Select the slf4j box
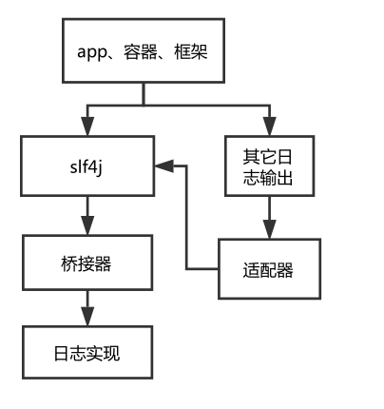(87, 166)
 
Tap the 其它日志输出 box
(271, 166)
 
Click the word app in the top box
(92, 50)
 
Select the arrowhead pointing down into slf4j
(87, 128)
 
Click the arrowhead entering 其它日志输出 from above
(271, 128)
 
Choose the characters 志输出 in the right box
(271, 178)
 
